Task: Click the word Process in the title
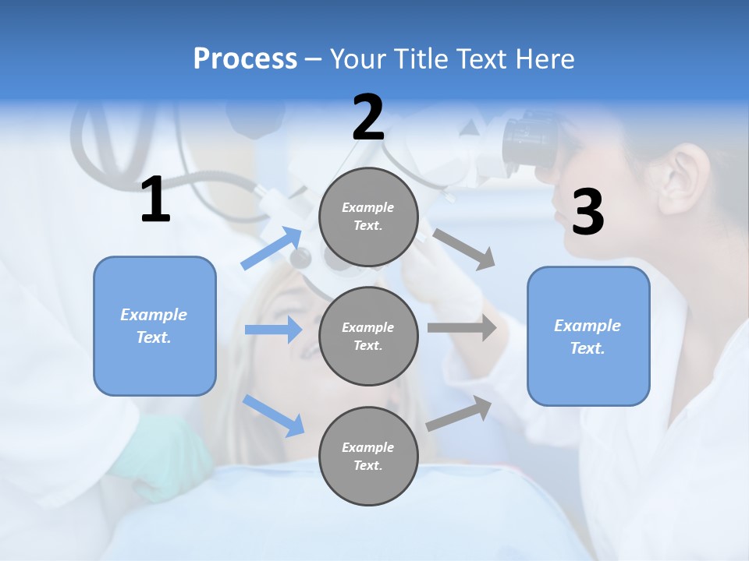click(245, 59)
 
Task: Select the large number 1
click(155, 200)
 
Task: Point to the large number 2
click(368, 118)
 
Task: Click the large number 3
click(587, 212)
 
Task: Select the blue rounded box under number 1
click(154, 326)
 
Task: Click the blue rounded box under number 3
click(588, 336)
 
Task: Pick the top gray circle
click(368, 217)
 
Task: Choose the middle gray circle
click(368, 336)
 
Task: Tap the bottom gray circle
click(368, 456)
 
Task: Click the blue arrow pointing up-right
click(272, 249)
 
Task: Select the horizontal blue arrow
click(274, 330)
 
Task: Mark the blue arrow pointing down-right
click(274, 415)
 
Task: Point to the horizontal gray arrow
click(462, 328)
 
